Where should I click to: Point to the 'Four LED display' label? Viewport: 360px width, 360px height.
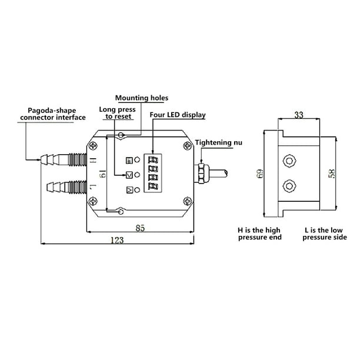[177, 115]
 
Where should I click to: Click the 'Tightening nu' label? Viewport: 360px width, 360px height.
[217, 142]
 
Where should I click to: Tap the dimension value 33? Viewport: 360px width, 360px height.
[298, 116]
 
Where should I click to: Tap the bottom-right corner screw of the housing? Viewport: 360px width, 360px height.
[187, 202]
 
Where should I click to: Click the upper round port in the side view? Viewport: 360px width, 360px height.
[289, 160]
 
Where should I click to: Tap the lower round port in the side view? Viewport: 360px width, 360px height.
[289, 187]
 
